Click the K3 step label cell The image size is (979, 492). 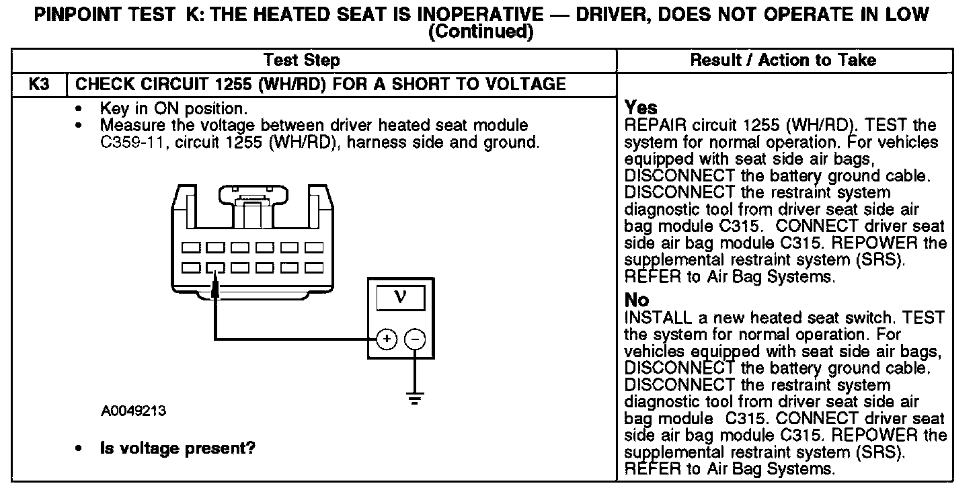[39, 84]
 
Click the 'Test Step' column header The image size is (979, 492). [301, 60]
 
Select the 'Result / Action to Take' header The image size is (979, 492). [783, 60]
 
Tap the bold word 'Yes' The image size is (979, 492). [641, 108]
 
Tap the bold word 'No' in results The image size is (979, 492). [637, 300]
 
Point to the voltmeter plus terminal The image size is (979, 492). [386, 340]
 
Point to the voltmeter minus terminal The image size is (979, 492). [415, 340]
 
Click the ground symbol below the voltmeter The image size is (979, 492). [415, 399]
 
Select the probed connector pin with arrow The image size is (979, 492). [215, 268]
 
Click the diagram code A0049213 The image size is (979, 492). [134, 411]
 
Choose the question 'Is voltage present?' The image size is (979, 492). [178, 448]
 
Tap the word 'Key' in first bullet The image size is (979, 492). [114, 108]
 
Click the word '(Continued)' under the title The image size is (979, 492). [481, 32]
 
